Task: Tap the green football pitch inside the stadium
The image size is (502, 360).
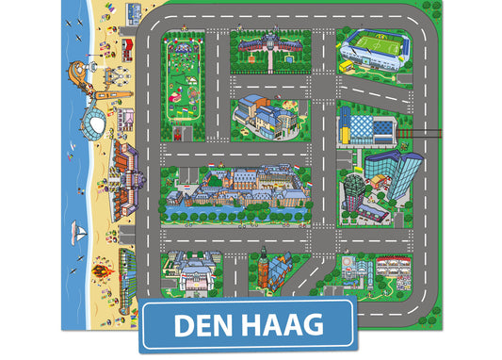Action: pos(374,44)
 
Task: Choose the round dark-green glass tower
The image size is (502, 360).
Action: pos(354,190)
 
